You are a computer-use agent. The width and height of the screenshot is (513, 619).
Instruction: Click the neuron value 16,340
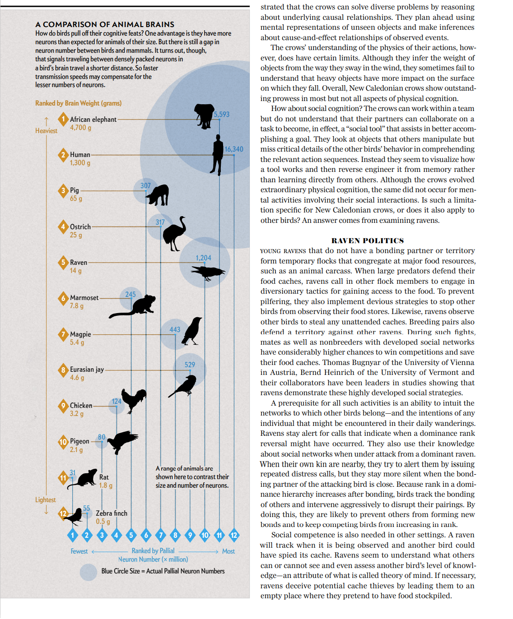pos(234,149)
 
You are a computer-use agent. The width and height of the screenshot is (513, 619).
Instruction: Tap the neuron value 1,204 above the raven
pos(203,258)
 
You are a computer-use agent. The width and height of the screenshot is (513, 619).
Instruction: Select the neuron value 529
pos(190,365)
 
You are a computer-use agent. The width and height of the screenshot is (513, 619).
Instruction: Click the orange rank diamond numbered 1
pos(63,119)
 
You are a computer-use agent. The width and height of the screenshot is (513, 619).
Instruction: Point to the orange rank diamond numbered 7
pos(63,334)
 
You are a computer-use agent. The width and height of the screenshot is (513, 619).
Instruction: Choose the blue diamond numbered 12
pos(234,536)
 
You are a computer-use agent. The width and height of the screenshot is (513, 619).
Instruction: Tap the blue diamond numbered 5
pos(131,536)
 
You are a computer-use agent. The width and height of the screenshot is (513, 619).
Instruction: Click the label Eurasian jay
pos(87,370)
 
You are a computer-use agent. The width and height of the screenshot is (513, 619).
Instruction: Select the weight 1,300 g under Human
pos(80,163)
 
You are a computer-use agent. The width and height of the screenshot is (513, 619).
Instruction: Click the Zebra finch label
pos(112,513)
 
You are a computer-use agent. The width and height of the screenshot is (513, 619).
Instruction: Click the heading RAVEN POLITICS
pos(368,241)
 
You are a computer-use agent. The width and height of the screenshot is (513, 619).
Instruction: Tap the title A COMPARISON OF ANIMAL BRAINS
pos(105,24)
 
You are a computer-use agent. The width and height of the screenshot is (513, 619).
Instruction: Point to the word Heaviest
pos(47,131)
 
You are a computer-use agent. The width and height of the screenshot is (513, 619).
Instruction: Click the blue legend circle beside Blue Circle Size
pos(89,572)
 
